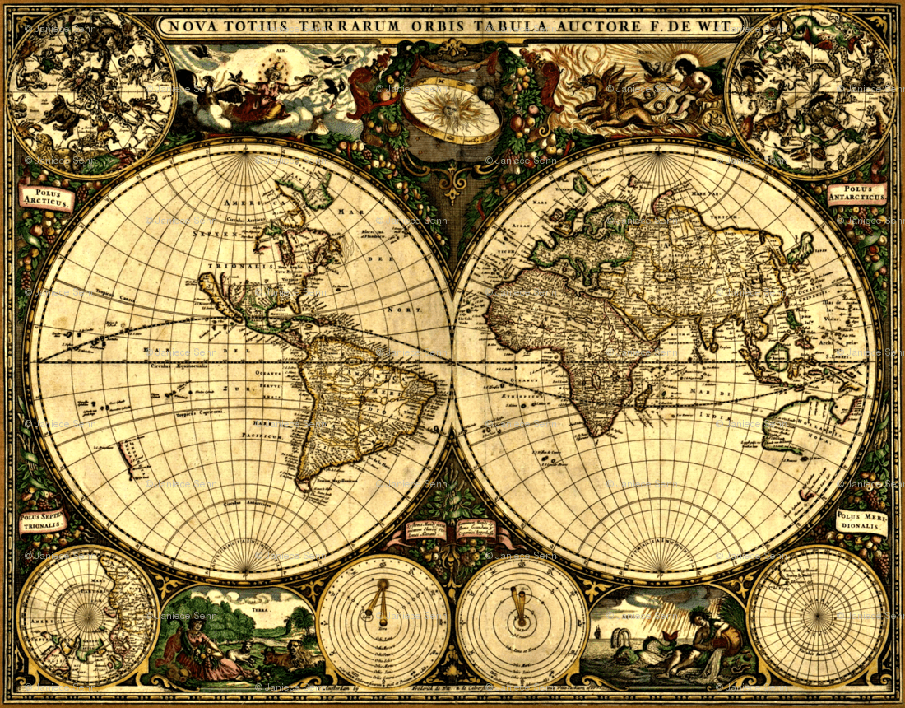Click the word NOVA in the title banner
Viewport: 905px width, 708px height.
(x=190, y=26)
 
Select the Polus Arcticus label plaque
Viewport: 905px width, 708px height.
(x=46, y=197)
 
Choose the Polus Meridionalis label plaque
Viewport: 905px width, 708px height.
(x=861, y=521)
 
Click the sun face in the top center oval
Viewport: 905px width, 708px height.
(x=452, y=110)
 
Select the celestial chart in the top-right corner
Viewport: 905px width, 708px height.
(x=813, y=92)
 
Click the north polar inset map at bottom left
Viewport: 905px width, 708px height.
(x=88, y=616)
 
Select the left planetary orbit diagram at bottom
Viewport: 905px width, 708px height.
(x=383, y=622)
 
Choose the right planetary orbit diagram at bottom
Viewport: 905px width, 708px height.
(x=522, y=622)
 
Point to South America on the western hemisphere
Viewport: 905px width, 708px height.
(x=354, y=403)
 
